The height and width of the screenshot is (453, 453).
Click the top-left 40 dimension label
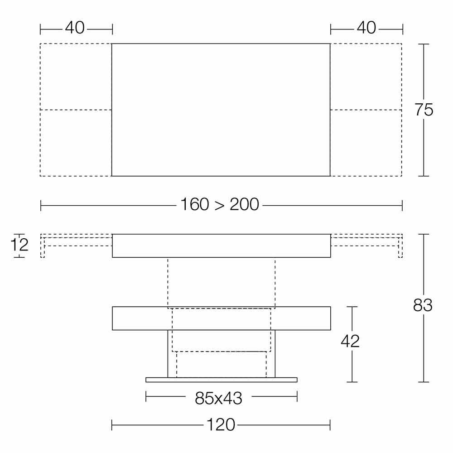click(x=75, y=28)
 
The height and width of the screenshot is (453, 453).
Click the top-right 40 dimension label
click(x=366, y=28)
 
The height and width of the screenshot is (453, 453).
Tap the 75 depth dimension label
click(x=424, y=110)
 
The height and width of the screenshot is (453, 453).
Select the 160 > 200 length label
click(x=220, y=205)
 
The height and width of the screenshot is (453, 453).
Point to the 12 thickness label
click(x=19, y=245)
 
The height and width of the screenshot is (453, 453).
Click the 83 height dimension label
click(x=423, y=305)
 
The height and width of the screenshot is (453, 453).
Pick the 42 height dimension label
click(x=350, y=342)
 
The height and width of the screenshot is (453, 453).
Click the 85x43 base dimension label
click(x=218, y=398)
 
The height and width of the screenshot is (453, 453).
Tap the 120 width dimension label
click(x=221, y=425)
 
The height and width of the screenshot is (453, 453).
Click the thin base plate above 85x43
click(x=222, y=380)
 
